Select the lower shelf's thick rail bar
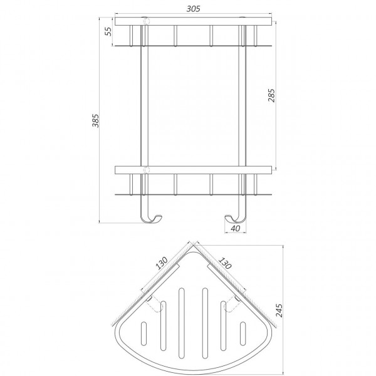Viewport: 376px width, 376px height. point(193,169)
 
